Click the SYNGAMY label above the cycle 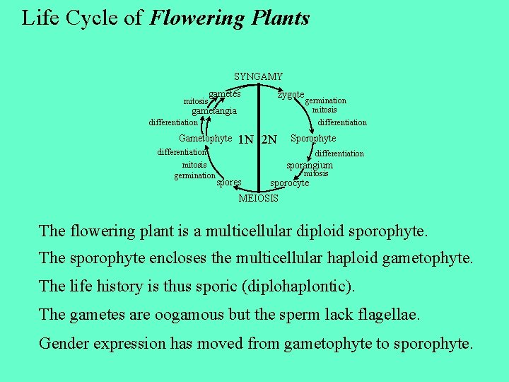click(x=258, y=76)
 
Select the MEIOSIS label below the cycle click(x=258, y=198)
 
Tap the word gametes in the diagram click(x=225, y=94)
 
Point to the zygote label click(x=291, y=95)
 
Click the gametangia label click(x=214, y=111)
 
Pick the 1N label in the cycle click(x=245, y=139)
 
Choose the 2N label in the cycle click(x=269, y=139)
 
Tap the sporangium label click(x=309, y=166)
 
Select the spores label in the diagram click(x=228, y=183)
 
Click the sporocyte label click(x=291, y=183)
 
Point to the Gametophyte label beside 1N click(x=205, y=139)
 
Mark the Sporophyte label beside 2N click(x=313, y=139)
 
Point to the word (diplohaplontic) click(x=303, y=286)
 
